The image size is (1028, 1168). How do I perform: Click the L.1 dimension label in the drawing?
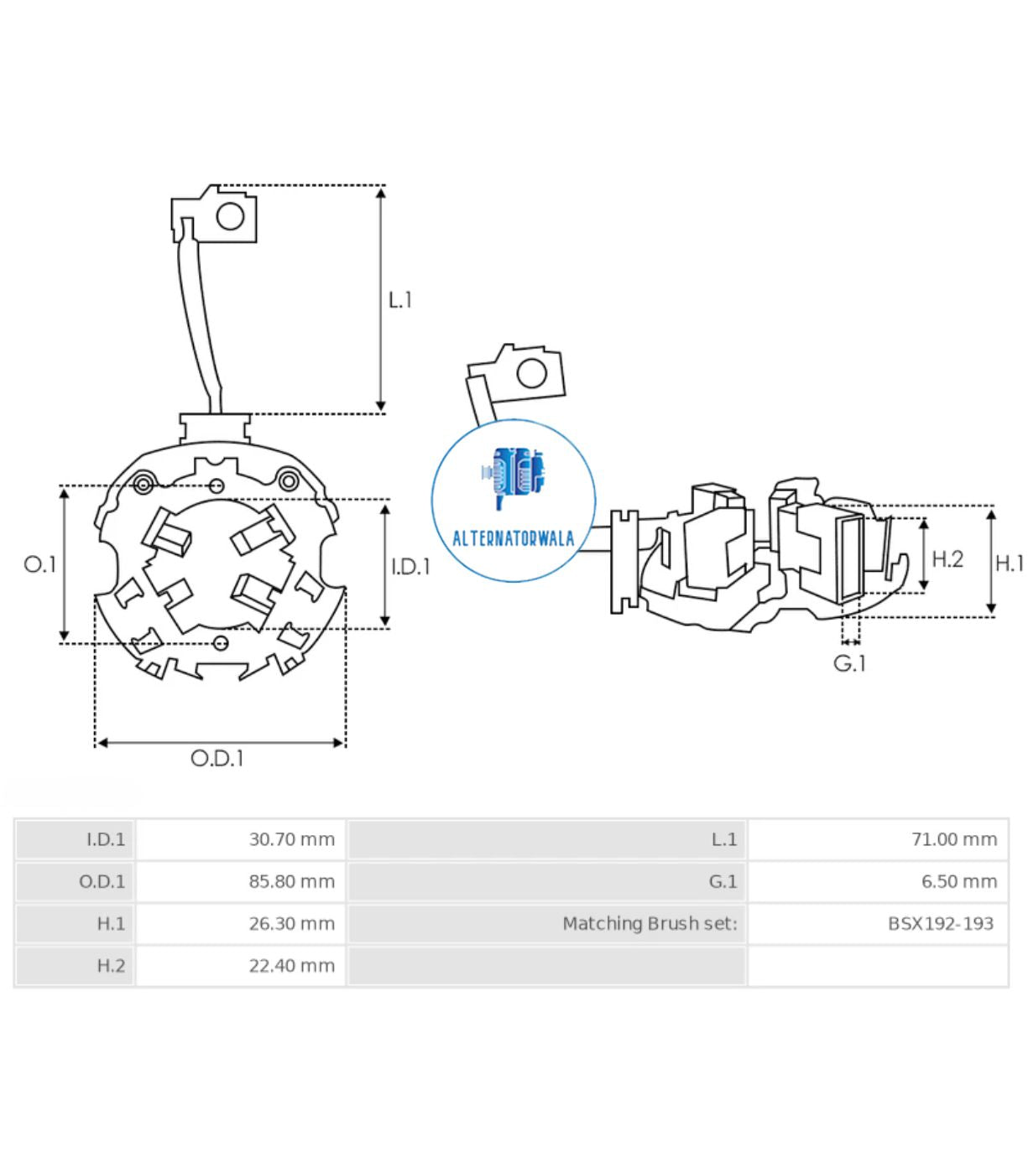tap(399, 300)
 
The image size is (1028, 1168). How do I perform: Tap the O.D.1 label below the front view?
tap(217, 758)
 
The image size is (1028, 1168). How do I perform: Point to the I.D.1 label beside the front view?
tap(410, 567)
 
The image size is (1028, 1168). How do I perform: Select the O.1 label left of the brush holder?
tap(39, 564)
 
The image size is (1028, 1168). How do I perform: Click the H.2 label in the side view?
tap(947, 558)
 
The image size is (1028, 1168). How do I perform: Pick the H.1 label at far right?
tap(1010, 563)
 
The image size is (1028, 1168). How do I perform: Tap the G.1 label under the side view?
tap(849, 663)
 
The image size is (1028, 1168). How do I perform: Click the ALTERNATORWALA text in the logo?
tap(513, 538)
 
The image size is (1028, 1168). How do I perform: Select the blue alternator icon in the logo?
tap(514, 478)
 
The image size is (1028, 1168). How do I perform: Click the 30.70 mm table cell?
tap(291, 839)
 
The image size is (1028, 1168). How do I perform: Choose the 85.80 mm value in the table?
tap(291, 881)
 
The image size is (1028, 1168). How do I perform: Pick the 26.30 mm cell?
tap(291, 923)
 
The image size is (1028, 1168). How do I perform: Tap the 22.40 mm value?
tap(291, 966)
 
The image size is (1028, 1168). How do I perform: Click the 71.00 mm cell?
tap(954, 839)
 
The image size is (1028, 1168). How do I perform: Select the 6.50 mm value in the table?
tap(958, 881)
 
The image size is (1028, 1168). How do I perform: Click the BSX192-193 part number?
tap(940, 923)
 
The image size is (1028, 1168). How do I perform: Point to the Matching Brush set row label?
tap(650, 923)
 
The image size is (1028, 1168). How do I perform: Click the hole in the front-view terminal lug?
tap(230, 217)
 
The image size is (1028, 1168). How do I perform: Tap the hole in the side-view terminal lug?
tap(531, 373)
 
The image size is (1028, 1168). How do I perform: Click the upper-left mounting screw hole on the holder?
tap(144, 484)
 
